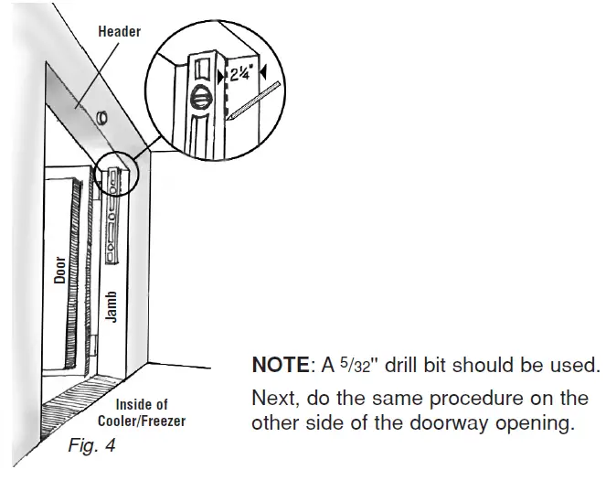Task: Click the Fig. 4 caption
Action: point(90,448)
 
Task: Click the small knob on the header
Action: point(100,117)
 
